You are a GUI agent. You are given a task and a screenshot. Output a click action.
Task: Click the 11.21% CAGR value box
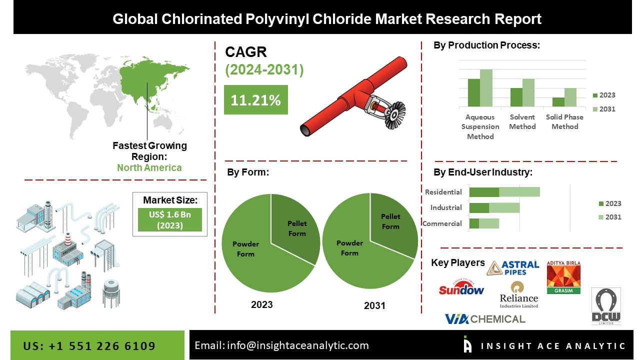[255, 99]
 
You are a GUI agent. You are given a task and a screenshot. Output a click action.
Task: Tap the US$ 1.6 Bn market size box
[169, 219]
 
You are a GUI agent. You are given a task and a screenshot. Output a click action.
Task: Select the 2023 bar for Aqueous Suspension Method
[473, 92]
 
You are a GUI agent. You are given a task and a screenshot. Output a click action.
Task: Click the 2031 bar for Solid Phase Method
[570, 97]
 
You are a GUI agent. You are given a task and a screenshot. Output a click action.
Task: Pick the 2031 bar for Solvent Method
[528, 92]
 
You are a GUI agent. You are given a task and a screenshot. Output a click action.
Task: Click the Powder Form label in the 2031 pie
[349, 248]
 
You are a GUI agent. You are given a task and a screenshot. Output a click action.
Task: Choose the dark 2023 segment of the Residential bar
[484, 192]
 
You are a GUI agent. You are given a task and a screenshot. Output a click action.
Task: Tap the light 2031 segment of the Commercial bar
[489, 223]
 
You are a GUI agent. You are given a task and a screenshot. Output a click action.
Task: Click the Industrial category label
[446, 207]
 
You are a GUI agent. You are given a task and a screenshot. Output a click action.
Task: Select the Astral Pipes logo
[513, 268]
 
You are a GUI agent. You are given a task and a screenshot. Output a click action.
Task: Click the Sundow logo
[461, 287]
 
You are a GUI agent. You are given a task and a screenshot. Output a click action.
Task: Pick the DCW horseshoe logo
[606, 306]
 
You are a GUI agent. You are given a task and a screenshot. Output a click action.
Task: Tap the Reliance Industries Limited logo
[518, 295]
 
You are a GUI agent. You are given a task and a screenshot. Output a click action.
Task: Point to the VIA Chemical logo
[485, 319]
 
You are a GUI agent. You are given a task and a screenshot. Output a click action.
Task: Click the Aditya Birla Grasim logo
[563, 277]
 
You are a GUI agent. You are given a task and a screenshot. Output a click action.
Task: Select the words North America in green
[149, 167]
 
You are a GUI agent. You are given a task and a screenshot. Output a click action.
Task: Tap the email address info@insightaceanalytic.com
[297, 345]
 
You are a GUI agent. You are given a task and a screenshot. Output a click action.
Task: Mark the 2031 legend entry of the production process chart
[604, 109]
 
